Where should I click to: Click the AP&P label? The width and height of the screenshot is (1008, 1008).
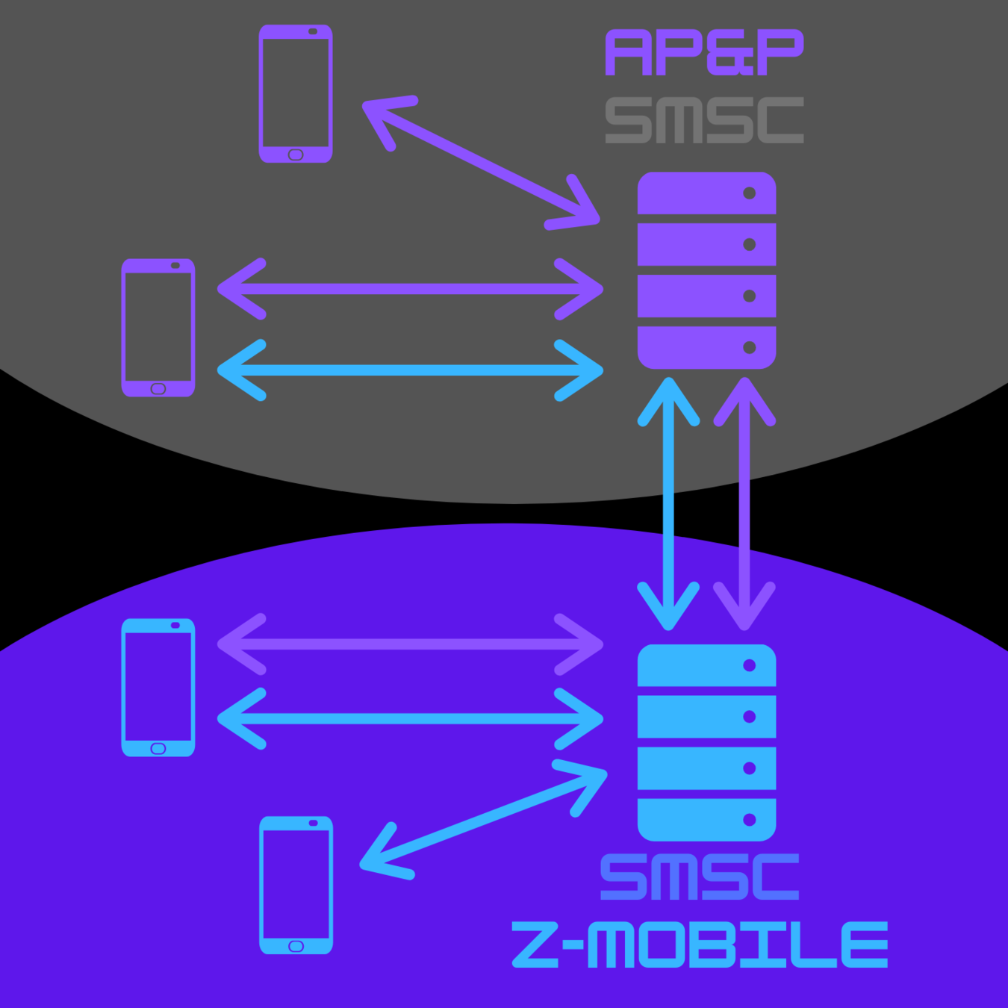pyautogui.click(x=703, y=52)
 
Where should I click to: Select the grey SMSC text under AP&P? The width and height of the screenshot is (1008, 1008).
pyautogui.click(x=703, y=119)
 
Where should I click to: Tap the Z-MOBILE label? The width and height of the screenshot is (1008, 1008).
pyautogui.click(x=700, y=945)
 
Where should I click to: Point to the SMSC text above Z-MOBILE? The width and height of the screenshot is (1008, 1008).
pyautogui.click(x=700, y=877)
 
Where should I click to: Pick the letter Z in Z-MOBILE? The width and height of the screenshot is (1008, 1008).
pyautogui.click(x=535, y=945)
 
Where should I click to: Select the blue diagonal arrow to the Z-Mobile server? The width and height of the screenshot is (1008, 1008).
pyautogui.click(x=484, y=821)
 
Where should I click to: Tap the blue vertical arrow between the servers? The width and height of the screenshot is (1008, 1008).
pyautogui.click(x=668, y=504)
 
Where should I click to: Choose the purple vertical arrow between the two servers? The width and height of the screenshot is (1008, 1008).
pyautogui.click(x=744, y=504)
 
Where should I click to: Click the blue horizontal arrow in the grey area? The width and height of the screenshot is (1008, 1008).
pyautogui.click(x=410, y=370)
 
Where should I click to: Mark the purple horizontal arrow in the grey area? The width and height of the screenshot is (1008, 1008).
pyautogui.click(x=410, y=289)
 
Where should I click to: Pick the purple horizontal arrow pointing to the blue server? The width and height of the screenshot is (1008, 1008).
pyautogui.click(x=410, y=644)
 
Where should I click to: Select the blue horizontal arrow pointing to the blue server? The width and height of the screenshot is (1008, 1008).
pyautogui.click(x=410, y=718)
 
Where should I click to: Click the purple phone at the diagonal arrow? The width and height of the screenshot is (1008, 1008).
pyautogui.click(x=296, y=93)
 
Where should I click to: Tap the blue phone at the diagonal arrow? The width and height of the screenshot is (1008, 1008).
pyautogui.click(x=296, y=885)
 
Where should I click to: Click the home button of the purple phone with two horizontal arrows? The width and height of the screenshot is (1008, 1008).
pyautogui.click(x=158, y=388)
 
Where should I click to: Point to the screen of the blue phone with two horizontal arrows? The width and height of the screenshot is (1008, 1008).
pyautogui.click(x=158, y=685)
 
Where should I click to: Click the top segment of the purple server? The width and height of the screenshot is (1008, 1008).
pyautogui.click(x=706, y=193)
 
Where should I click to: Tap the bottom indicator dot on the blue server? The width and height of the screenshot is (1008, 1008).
pyautogui.click(x=750, y=820)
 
